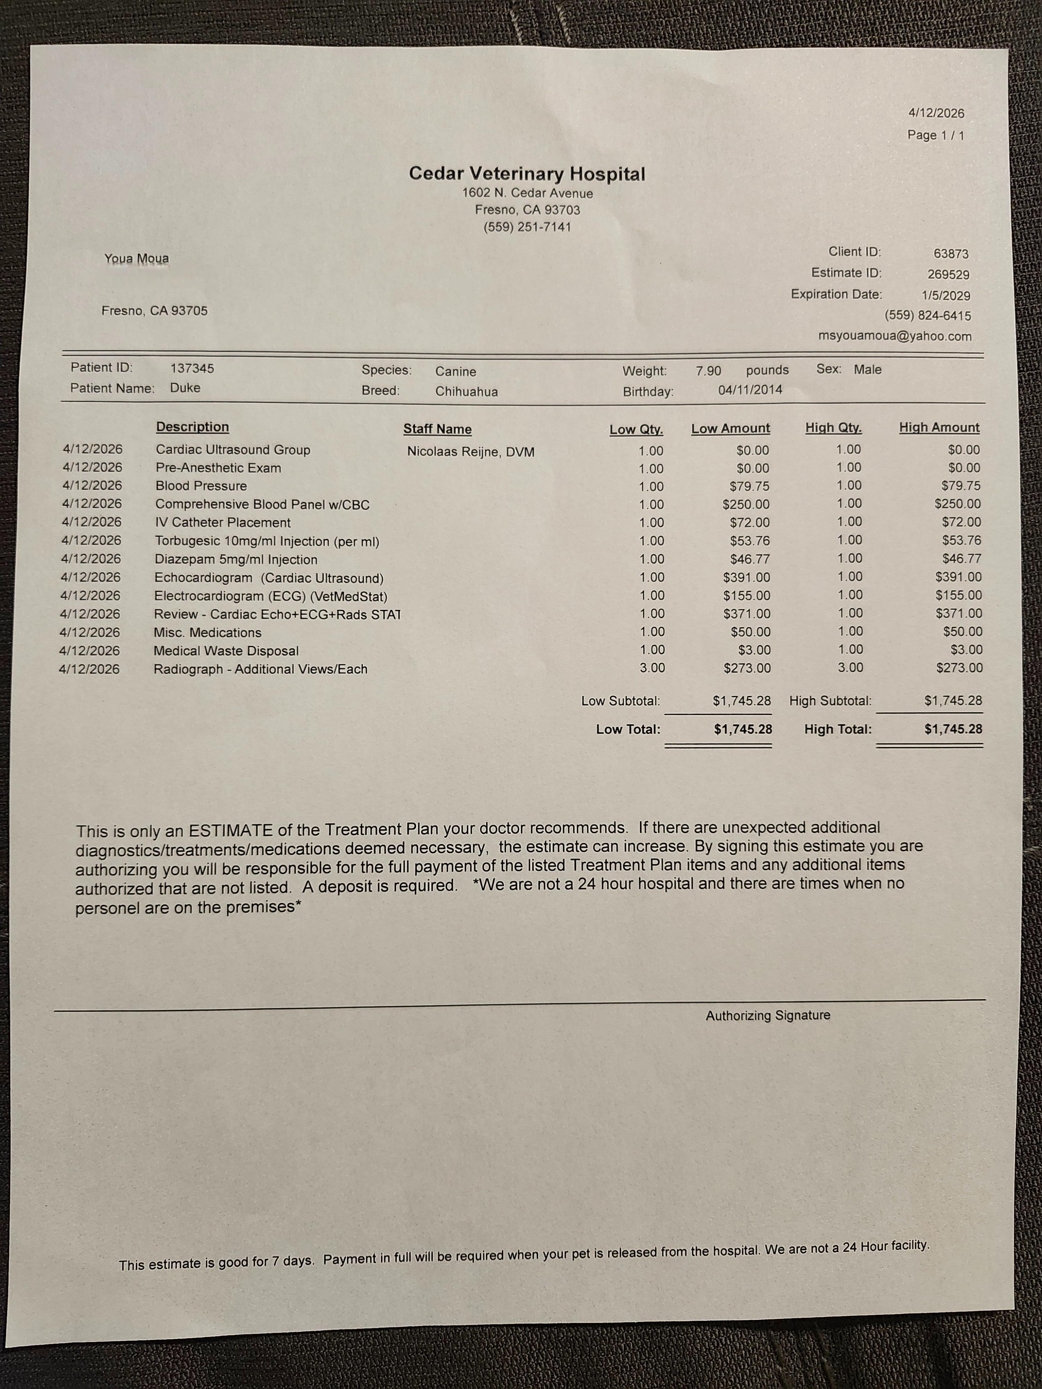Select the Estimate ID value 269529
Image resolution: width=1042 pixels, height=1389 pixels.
(x=948, y=274)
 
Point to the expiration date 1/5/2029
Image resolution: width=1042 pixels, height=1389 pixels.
(x=946, y=295)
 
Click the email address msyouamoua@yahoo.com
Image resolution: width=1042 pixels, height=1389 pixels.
(x=894, y=336)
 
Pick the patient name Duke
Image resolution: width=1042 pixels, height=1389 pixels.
(x=185, y=388)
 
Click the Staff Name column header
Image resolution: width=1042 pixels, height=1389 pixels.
(x=437, y=429)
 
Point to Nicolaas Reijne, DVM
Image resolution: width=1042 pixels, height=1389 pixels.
(x=470, y=451)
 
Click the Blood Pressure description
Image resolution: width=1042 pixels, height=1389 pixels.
(x=201, y=486)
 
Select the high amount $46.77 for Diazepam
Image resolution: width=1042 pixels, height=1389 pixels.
(x=961, y=558)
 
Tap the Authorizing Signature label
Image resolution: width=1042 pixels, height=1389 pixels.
(x=768, y=1015)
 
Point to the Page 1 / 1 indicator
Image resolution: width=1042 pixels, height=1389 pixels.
(x=935, y=135)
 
